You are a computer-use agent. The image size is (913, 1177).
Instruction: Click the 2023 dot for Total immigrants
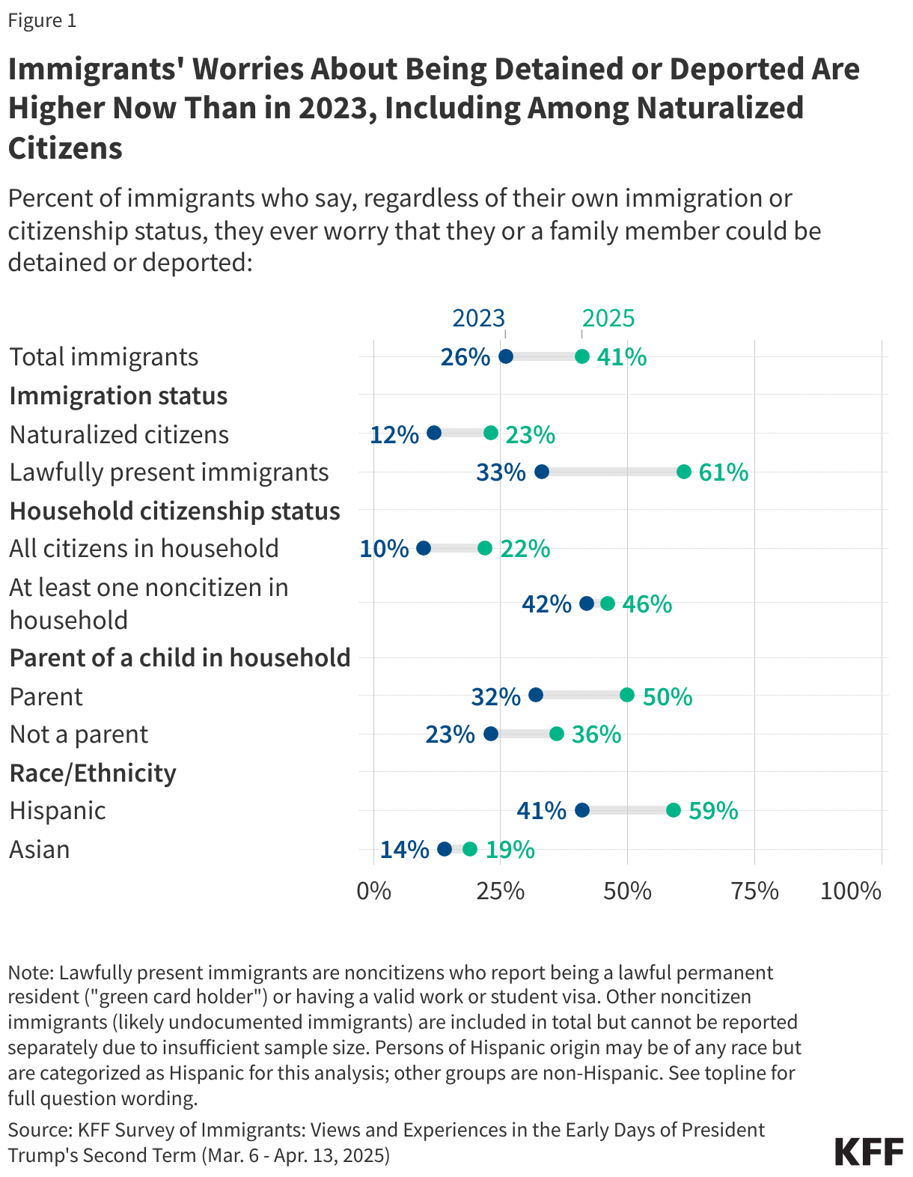point(506,356)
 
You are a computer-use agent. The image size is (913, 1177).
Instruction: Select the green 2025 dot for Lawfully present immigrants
point(684,472)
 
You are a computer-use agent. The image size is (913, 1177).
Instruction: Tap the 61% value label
point(724,472)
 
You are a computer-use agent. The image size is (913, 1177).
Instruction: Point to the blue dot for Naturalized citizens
point(434,433)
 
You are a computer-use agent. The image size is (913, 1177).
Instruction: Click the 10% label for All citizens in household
point(384,549)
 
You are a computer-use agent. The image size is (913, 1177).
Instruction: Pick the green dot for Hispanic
point(674,810)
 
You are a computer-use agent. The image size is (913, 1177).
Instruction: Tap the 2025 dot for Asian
point(470,849)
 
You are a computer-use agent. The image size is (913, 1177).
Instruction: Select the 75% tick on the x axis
point(754,891)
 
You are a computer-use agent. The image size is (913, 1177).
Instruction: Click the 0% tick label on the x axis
point(373,891)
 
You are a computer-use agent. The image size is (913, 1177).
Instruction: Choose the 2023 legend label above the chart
point(478,318)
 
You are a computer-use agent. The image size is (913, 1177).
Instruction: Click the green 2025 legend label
point(608,318)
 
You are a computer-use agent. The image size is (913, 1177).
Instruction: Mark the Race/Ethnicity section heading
point(93,773)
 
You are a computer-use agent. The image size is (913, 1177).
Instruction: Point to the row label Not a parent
point(79,735)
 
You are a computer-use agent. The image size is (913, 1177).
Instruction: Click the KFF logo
point(869,1151)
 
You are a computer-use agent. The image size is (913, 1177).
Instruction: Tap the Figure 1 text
point(42,20)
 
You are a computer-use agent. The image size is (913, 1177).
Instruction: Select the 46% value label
point(647,603)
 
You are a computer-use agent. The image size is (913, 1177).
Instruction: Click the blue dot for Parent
point(536,695)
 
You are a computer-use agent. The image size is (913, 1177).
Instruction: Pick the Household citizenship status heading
point(174,511)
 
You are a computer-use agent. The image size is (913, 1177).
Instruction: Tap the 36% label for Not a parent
point(596,735)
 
